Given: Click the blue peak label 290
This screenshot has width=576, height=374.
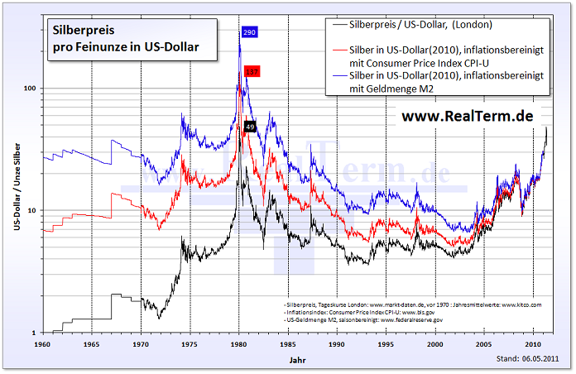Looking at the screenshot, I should [249, 32].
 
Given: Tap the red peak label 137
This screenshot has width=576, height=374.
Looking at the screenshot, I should [252, 73].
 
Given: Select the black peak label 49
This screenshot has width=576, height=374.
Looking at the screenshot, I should [250, 126].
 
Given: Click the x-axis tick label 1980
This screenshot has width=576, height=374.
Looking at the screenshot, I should [239, 343].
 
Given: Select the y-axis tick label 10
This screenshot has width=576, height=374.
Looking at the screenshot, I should [32, 210].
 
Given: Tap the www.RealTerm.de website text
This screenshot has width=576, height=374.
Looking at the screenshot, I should [468, 116].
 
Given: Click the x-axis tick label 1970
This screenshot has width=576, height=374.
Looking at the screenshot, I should [142, 343].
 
